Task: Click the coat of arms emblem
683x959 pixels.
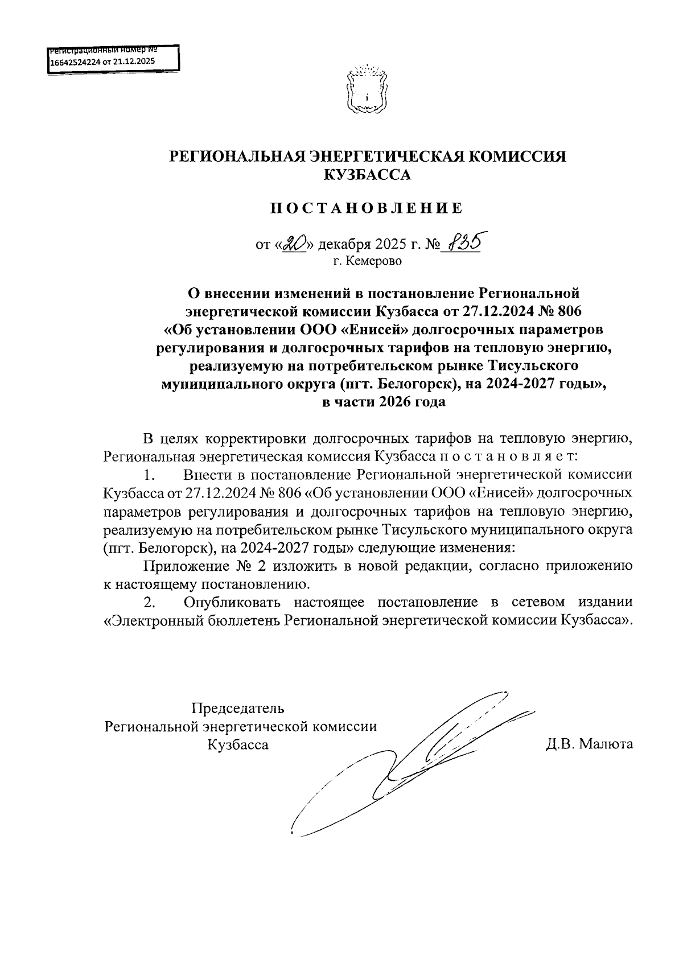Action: point(367,90)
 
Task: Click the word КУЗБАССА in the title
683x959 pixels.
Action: point(367,175)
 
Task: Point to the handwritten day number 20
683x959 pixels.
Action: point(295,244)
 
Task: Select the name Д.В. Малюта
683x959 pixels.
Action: point(589,744)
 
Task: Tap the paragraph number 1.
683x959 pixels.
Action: point(149,474)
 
